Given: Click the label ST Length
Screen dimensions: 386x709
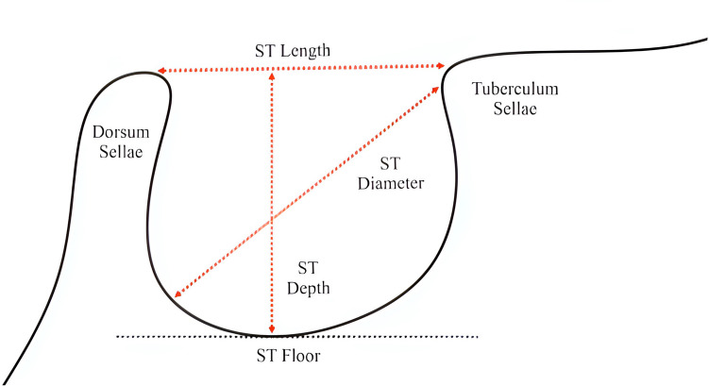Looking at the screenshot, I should click(292, 50).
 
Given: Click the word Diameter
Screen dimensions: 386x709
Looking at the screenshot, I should click(391, 184).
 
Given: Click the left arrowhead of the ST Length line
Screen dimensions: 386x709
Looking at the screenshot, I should click(160, 72).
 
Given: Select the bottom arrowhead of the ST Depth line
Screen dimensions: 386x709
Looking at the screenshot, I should click(272, 329).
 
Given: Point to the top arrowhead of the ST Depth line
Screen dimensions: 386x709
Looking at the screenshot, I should click(272, 76).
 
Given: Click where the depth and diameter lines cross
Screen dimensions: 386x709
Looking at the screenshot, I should click(272, 219).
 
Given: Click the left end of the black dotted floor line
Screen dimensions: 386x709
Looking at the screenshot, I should click(117, 336).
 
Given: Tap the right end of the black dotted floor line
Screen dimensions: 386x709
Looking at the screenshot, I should click(478, 336).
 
